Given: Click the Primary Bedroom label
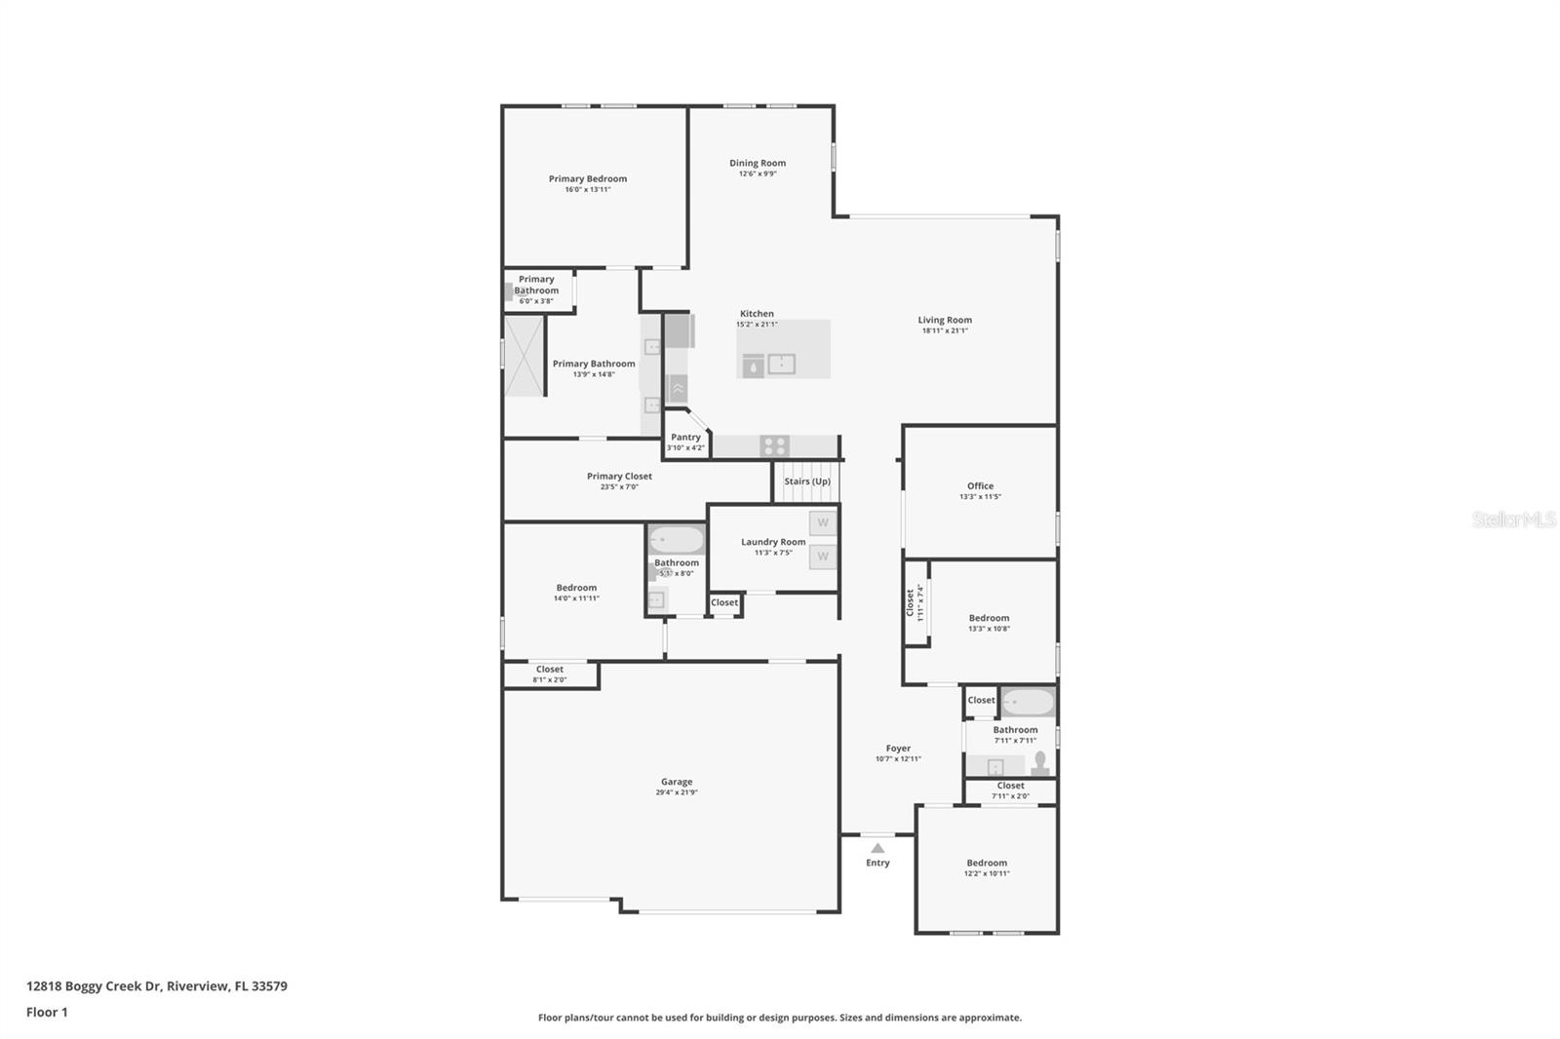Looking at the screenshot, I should [587, 178].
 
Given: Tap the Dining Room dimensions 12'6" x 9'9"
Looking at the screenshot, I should [758, 174].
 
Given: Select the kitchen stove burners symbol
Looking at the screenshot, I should [775, 446].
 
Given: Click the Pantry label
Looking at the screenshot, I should [685, 437].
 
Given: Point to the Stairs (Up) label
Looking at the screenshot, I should [807, 481].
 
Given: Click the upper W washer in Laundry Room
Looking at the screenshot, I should [823, 523].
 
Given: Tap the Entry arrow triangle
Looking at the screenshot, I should [877, 848].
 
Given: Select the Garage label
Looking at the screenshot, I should [677, 781].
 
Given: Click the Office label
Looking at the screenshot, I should [980, 485].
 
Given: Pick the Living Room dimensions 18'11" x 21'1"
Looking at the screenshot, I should [945, 330].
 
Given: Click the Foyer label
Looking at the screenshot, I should [898, 748].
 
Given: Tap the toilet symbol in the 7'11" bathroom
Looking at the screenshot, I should [1040, 762].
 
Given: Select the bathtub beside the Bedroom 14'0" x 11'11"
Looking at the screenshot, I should [677, 539].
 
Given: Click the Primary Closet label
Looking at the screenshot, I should [619, 476].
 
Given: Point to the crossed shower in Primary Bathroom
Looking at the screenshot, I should [525, 356].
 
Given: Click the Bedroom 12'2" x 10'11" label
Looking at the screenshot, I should [987, 863].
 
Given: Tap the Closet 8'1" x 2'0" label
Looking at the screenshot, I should [549, 669].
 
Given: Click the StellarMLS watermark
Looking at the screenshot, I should [1513, 519].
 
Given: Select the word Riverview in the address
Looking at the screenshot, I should [197, 985].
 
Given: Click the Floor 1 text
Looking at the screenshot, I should [47, 1012].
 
